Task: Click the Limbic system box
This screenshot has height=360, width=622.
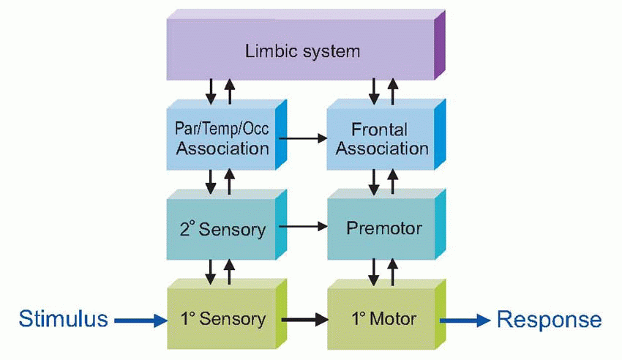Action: [x=301, y=51]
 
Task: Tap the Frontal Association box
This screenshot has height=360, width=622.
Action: [x=379, y=139]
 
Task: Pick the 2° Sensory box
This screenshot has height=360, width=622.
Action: [x=222, y=229]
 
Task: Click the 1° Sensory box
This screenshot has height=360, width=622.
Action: [x=222, y=319]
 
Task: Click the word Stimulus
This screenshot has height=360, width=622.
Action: [x=64, y=319]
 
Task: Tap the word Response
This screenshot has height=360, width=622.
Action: [x=550, y=319]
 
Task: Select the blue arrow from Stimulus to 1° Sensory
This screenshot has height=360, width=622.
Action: [x=140, y=319]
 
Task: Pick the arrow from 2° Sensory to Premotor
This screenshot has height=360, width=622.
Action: [x=302, y=228]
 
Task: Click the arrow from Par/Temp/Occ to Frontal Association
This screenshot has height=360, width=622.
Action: [x=302, y=138]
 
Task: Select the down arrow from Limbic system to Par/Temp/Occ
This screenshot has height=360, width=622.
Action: [x=211, y=91]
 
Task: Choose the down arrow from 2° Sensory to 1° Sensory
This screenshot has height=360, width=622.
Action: [x=211, y=271]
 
